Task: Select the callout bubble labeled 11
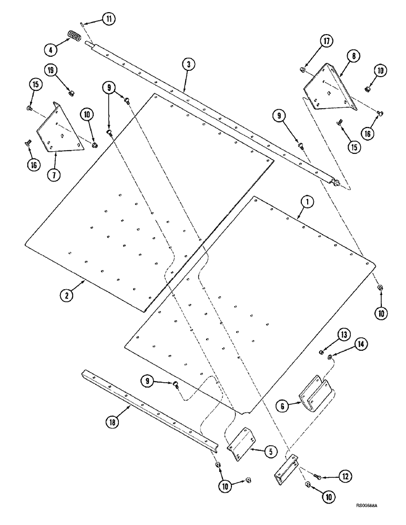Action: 108,19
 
